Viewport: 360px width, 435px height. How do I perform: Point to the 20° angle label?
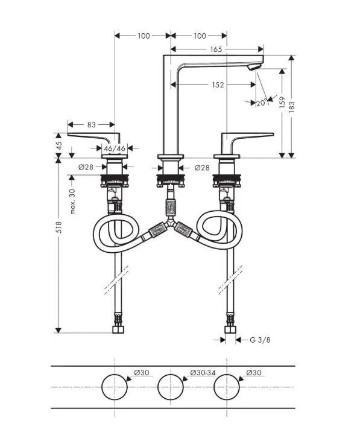tap(261, 103)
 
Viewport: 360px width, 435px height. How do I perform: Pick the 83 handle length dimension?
tap(91, 125)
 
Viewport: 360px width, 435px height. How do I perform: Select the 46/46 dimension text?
tap(114, 148)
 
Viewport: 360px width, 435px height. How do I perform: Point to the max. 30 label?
tap(72, 201)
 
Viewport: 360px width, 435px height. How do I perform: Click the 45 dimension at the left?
tap(58, 145)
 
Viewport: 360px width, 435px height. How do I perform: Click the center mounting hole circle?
tap(171, 386)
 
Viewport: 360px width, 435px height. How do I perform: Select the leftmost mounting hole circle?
tap(114, 386)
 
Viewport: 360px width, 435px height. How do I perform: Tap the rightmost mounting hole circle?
tap(229, 386)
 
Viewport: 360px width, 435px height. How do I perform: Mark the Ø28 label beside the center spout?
tap(202, 167)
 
